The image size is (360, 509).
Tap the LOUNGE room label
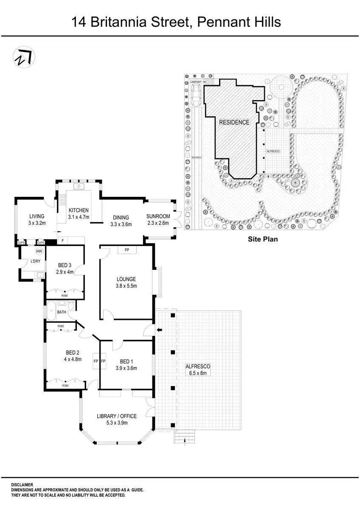pos(127,279)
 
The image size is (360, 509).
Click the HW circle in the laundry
pos(39,251)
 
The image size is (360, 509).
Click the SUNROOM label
pos(158,216)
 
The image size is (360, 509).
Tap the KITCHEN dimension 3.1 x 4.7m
pos(79,217)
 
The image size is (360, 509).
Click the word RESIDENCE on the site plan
pos(234,122)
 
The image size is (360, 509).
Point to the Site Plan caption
pos(263,239)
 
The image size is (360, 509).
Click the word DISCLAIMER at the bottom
pos(22,484)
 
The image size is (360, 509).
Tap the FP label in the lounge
pos(127,250)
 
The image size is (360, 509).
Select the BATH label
pos(62,312)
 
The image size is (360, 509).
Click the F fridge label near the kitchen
pos(63,241)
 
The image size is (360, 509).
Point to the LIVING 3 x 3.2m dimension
pos(37,223)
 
